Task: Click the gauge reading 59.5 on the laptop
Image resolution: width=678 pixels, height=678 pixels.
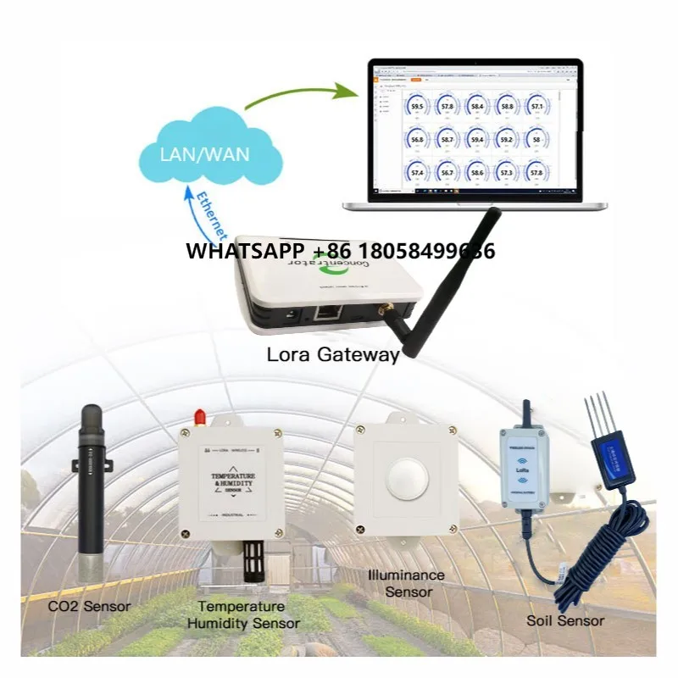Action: [x=418, y=106]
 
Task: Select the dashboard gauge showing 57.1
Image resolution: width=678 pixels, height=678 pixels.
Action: [x=536, y=106]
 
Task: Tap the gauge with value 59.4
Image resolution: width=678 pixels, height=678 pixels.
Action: [x=477, y=139]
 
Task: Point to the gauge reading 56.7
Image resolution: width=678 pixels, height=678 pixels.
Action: [x=447, y=172]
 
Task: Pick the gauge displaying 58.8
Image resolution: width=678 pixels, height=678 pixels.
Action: [x=507, y=106]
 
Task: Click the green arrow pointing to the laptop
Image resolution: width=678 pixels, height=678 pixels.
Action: [x=297, y=95]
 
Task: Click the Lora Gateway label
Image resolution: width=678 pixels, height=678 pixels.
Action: [x=332, y=354]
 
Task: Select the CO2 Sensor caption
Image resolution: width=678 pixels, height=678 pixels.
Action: [x=89, y=606]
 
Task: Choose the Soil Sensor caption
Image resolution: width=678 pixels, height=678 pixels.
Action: [x=565, y=620]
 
